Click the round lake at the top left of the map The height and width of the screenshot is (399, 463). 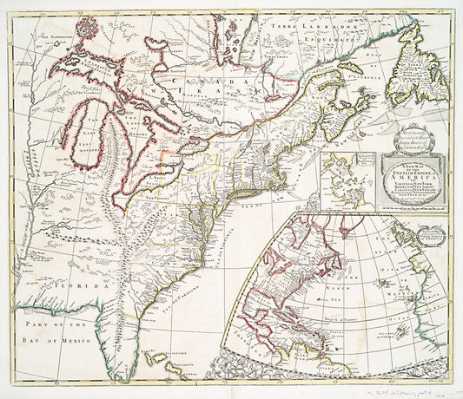[x=84, y=29]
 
